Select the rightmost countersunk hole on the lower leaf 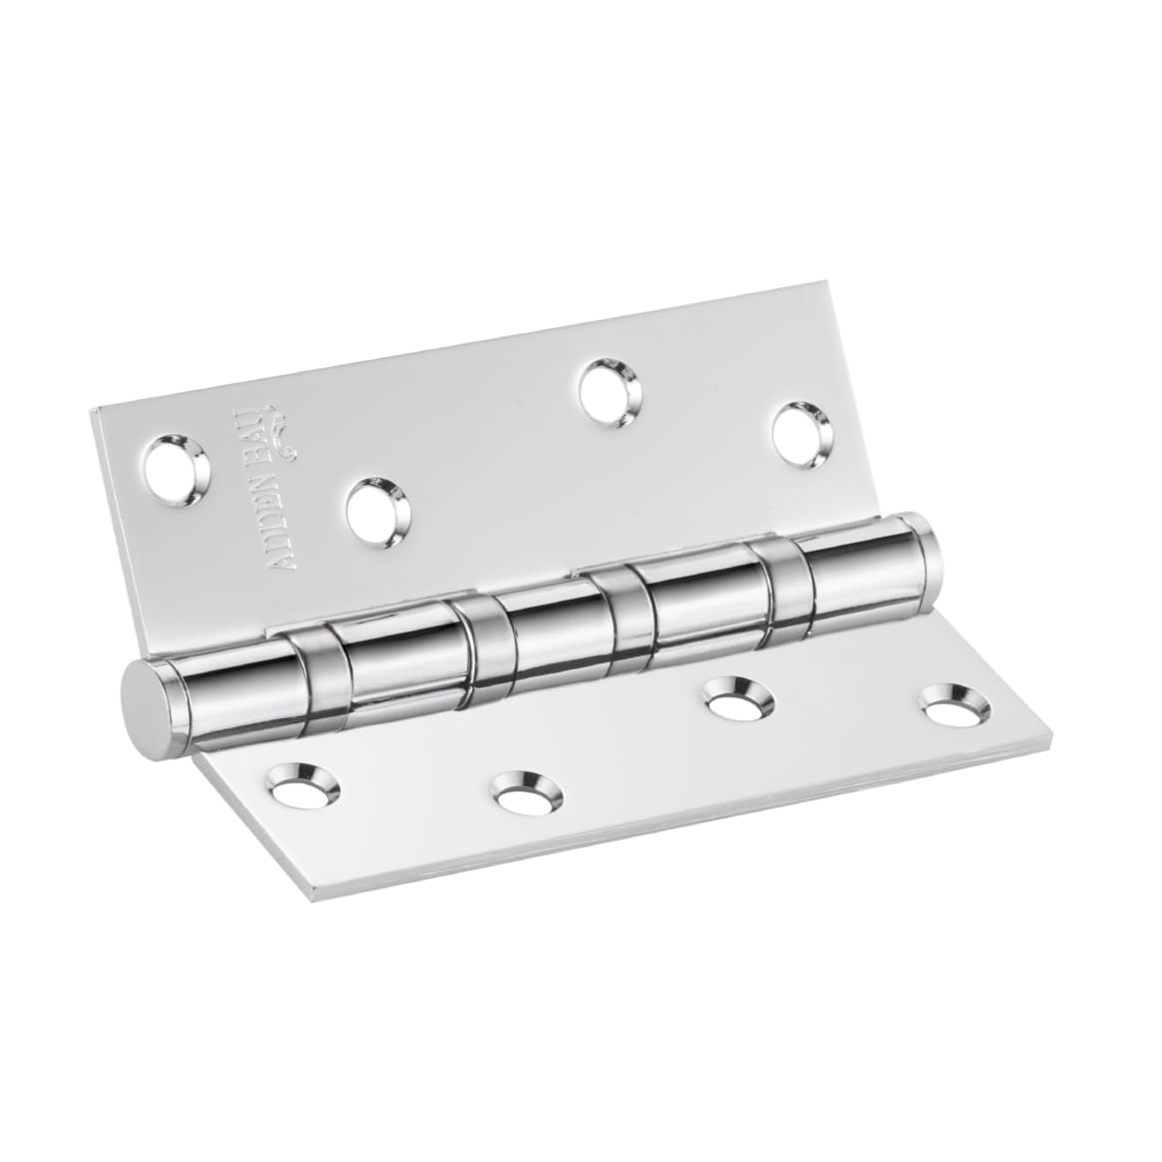coord(948,706)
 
